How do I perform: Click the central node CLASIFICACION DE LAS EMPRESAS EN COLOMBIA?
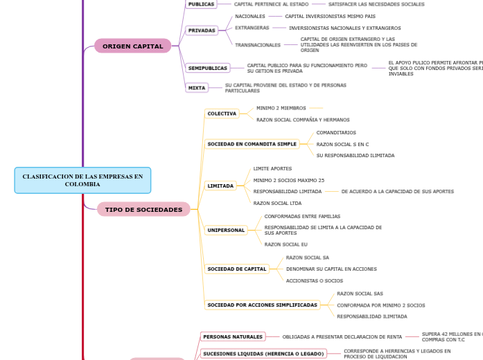click(x=82, y=180)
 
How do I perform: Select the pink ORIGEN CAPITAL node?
click(x=132, y=46)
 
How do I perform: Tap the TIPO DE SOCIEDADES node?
click(x=143, y=209)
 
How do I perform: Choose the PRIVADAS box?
click(x=202, y=30)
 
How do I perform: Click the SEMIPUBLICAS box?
click(x=208, y=68)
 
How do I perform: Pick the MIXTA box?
click(x=197, y=88)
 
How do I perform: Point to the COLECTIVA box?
click(x=222, y=114)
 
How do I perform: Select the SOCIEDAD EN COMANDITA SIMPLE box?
click(x=252, y=144)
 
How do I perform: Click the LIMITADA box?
click(x=220, y=186)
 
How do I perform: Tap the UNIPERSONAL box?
click(x=226, y=230)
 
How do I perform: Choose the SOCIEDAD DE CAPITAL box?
click(x=237, y=269)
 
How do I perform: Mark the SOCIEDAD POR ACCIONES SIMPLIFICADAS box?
click(x=262, y=305)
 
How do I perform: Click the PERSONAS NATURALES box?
click(x=233, y=336)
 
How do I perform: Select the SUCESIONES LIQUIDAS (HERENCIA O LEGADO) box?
click(x=263, y=354)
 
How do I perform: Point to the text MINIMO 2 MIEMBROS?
click(x=281, y=108)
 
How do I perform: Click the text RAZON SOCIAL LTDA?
click(x=277, y=203)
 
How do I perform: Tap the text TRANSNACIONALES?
click(x=258, y=45)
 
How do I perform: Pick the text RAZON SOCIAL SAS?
click(x=360, y=294)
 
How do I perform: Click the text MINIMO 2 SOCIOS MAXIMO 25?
click(x=288, y=180)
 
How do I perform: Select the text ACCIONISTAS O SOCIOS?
click(x=315, y=280)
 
